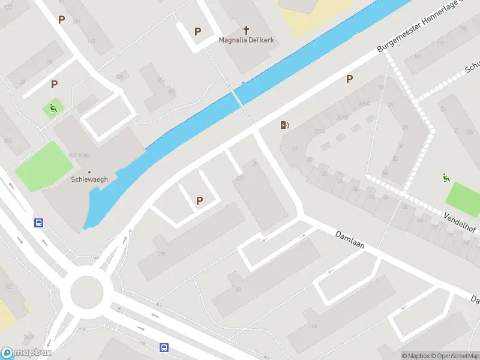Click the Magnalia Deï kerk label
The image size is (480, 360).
(x=246, y=40)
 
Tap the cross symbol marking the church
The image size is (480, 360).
(x=246, y=29)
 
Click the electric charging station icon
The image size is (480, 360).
(x=284, y=125)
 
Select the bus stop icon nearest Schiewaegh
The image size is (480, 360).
(x=39, y=223)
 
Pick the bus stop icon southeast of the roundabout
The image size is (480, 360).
(x=164, y=347)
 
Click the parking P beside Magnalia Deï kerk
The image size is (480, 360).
(x=197, y=31)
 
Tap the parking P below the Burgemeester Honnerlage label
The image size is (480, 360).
(x=349, y=79)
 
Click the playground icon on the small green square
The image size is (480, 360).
(x=53, y=109)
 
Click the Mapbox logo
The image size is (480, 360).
(x=26, y=353)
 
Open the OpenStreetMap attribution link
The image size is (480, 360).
(x=454, y=356)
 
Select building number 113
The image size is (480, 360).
(x=91, y=41)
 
